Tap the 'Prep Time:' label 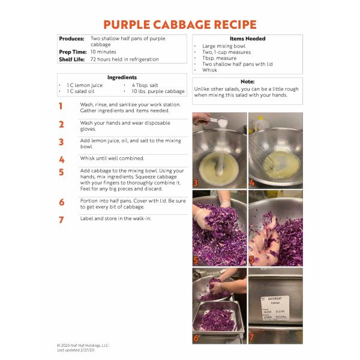click(x=73, y=52)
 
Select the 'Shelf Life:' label click(x=72, y=59)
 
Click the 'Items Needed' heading click(x=247, y=38)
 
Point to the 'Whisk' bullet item click(x=209, y=70)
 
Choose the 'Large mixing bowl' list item click(x=224, y=46)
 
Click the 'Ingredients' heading click(x=122, y=77)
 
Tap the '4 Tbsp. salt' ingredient click(x=145, y=85)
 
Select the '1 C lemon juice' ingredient click(x=85, y=85)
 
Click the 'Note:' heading click(x=247, y=82)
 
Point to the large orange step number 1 click(x=61, y=106)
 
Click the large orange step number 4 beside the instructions click(x=62, y=160)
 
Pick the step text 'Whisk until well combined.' click(x=112, y=158)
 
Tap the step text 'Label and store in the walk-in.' click(x=115, y=218)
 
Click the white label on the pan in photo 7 click(x=275, y=308)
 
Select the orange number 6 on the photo click(x=196, y=338)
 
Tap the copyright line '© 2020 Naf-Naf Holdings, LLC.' click(x=83, y=346)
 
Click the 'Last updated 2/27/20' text click(x=76, y=350)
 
